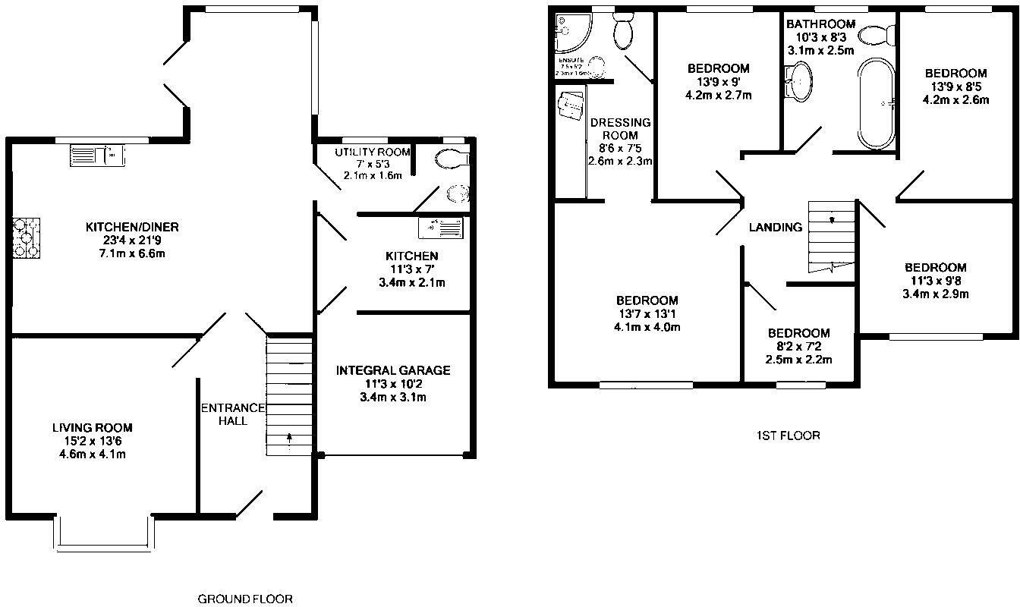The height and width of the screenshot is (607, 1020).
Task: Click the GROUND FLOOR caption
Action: click(245, 599)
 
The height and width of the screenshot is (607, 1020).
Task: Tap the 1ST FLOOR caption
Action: click(788, 436)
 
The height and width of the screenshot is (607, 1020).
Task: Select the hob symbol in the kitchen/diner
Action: click(26, 239)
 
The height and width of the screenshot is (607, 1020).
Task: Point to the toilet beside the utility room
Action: click(452, 159)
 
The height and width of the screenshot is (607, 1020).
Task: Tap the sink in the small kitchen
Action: click(440, 227)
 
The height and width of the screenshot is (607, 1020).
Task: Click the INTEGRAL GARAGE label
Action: click(393, 370)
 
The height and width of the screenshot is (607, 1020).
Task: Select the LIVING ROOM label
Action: click(93, 428)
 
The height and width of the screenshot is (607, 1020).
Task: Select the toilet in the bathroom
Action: click(882, 33)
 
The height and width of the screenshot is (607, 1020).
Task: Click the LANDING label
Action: click(775, 227)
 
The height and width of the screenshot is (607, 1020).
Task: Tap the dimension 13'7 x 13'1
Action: click(647, 314)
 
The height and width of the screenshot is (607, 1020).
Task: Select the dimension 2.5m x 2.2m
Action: click(798, 360)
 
